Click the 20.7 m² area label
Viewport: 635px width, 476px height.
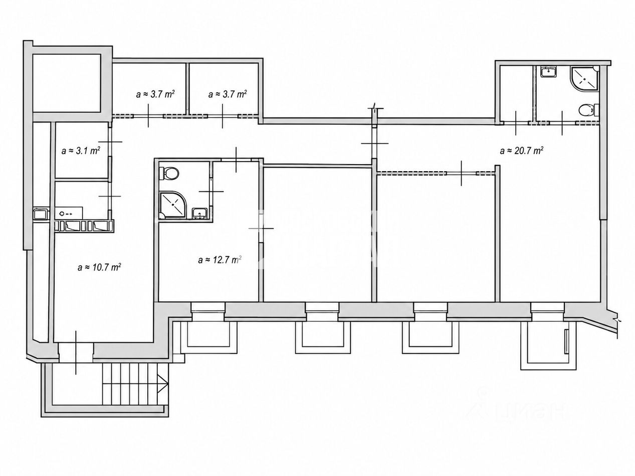tap(521, 151)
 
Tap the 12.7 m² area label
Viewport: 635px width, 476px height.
tap(220, 260)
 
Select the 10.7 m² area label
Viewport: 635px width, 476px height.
tap(99, 267)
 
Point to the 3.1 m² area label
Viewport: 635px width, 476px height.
tap(81, 151)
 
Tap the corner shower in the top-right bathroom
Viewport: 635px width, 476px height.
tap(584, 78)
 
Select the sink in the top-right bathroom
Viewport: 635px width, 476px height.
tap(548, 72)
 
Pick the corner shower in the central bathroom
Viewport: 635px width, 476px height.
tap(173, 205)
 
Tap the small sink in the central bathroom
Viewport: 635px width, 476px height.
tap(199, 213)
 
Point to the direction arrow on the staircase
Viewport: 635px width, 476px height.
tap(163, 383)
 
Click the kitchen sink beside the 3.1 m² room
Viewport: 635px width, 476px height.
tap(69, 213)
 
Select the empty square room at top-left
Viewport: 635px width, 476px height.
tap(67, 83)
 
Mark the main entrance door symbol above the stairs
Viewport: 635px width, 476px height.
tap(76, 352)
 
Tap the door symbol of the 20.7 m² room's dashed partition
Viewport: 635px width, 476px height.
tap(461, 173)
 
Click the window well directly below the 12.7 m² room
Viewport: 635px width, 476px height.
tap(208, 337)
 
